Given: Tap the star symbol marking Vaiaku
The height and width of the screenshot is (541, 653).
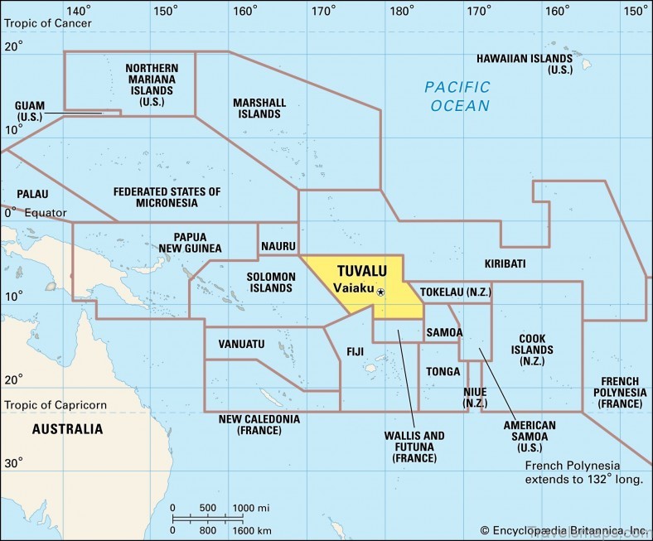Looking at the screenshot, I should coord(380,292).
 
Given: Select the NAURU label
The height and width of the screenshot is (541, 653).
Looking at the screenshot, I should coord(278,247).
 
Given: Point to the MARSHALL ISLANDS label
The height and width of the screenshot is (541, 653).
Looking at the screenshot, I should coord(259,109).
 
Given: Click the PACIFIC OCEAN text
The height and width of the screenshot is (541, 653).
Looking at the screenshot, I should coord(457,96).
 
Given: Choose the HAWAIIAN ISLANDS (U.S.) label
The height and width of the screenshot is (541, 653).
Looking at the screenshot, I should coord(524,65).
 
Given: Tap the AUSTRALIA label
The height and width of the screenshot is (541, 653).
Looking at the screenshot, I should coord(67,429).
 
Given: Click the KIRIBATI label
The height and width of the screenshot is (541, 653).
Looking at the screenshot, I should coord(505,263).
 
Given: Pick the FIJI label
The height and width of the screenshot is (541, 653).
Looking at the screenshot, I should coord(355,352).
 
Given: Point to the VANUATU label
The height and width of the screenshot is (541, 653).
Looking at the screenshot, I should coord(241,344).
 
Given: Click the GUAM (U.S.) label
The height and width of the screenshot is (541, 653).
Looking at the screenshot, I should coord(30,112).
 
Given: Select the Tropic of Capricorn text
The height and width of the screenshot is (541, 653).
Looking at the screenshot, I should coord(56,405).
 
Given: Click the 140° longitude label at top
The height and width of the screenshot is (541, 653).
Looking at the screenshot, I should coord(79,11).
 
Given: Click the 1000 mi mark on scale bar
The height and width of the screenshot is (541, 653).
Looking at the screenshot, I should coord(250,508).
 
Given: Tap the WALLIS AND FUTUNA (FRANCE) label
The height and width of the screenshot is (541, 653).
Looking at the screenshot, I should coord(414,447).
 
